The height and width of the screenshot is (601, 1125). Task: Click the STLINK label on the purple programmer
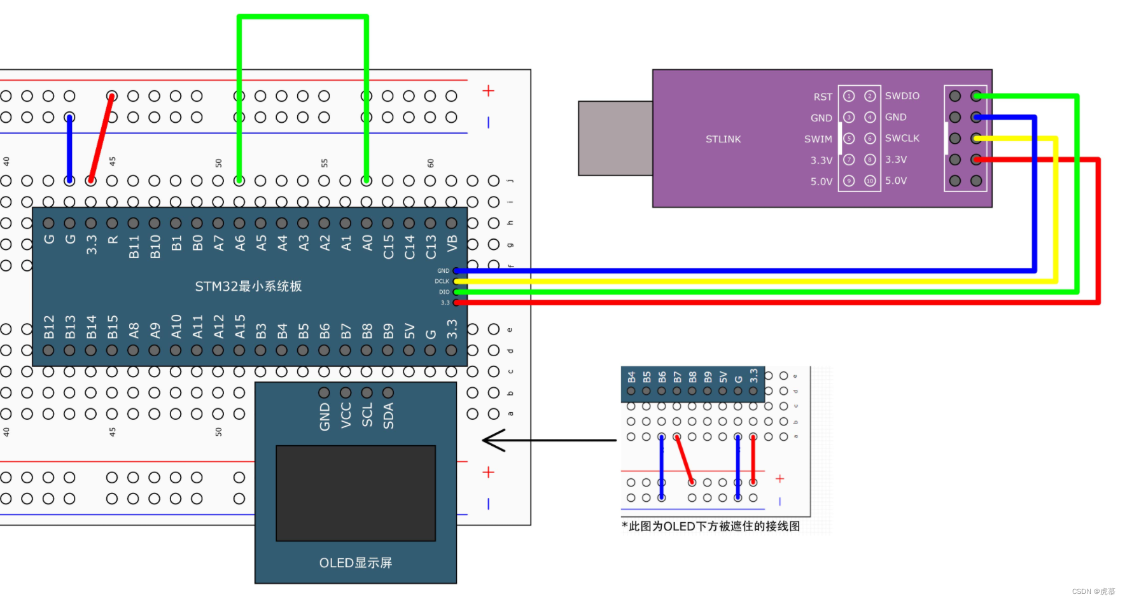723,139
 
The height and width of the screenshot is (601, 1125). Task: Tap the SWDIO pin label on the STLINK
902,96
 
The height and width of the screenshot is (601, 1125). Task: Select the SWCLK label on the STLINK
902,138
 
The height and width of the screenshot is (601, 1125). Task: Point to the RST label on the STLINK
822,97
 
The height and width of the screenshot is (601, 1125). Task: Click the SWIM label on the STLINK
818,139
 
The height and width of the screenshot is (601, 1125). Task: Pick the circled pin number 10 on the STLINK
870,181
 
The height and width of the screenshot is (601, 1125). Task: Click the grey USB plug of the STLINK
615,138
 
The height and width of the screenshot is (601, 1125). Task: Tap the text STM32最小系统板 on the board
248,286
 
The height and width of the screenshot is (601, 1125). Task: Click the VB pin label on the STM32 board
452,243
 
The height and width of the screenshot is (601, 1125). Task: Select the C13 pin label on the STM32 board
431,247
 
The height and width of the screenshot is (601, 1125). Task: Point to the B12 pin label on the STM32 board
49,326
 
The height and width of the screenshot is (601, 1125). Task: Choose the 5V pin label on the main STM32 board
409,331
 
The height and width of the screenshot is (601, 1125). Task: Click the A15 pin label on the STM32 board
240,326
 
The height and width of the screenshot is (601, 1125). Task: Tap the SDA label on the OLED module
388,416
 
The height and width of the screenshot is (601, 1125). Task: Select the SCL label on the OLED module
367,416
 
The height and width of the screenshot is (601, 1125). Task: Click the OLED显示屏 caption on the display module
355,563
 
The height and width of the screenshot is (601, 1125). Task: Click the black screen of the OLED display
355,493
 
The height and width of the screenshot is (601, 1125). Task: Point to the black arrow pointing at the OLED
547,439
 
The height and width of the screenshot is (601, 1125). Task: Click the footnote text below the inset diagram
711,527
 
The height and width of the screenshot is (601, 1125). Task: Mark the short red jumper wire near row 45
102,138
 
